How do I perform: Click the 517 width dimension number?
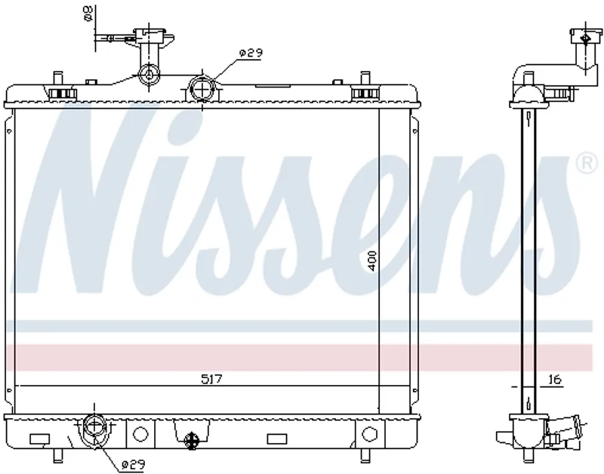(212, 380)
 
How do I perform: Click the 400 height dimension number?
(371, 260)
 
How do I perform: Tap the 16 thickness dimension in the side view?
(554, 380)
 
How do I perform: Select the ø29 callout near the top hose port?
(251, 53)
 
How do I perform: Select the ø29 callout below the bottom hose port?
(133, 465)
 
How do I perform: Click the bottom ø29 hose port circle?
(94, 426)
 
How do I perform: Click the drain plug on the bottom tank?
(192, 439)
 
